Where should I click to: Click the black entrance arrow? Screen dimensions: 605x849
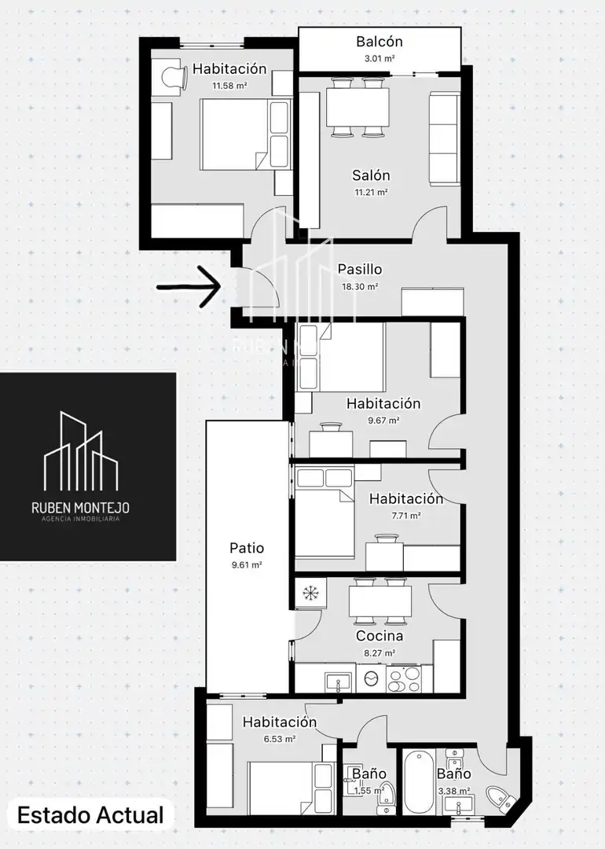point(189,287)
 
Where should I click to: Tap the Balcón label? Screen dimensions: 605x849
point(379,41)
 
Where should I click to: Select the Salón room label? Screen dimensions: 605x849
point(371,175)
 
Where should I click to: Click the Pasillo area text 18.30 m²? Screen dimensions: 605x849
point(359,286)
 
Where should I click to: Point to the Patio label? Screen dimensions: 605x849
point(247,547)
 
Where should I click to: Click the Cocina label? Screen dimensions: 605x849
point(379,636)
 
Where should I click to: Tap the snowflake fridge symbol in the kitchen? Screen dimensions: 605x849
point(310,594)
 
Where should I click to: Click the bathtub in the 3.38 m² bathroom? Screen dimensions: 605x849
point(419,781)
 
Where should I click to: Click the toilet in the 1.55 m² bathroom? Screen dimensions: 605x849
point(386,794)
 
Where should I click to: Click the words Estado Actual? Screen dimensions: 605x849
point(90,815)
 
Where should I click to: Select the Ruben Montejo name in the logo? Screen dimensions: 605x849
point(81,507)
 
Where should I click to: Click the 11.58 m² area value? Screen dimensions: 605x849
point(230,86)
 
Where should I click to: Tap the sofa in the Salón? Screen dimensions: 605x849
point(445,138)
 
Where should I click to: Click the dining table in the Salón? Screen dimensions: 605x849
point(357,107)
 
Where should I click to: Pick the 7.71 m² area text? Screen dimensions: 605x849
point(406,516)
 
